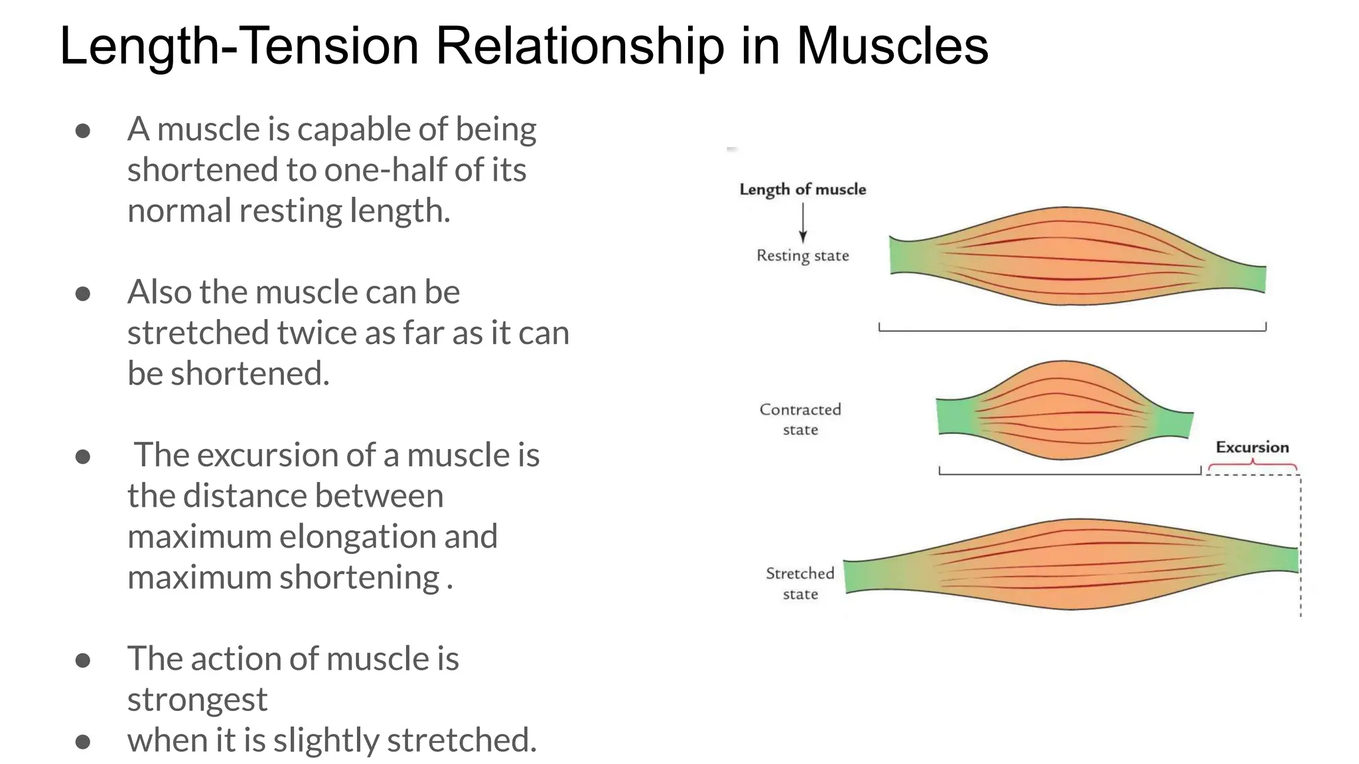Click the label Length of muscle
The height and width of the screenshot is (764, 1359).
pos(803,190)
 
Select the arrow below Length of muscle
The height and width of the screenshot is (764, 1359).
pos(803,223)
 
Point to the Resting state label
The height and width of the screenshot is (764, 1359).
pos(803,256)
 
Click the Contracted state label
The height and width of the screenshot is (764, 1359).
pos(800,419)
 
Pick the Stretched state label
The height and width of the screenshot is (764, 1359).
pos(800,583)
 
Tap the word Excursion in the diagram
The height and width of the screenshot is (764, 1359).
pos(1252,447)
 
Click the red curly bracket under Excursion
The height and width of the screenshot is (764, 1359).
pos(1252,466)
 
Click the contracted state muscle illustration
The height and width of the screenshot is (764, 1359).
pos(1064,411)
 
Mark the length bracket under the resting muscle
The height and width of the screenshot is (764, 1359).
pos(1072,330)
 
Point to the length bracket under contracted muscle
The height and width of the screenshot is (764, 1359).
pos(1070,473)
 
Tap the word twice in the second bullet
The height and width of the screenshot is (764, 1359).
pos(319,333)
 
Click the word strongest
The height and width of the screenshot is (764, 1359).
pos(197,700)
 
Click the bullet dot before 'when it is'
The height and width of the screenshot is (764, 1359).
pos(83,741)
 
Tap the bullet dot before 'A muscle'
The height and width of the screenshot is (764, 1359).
pos(83,130)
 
